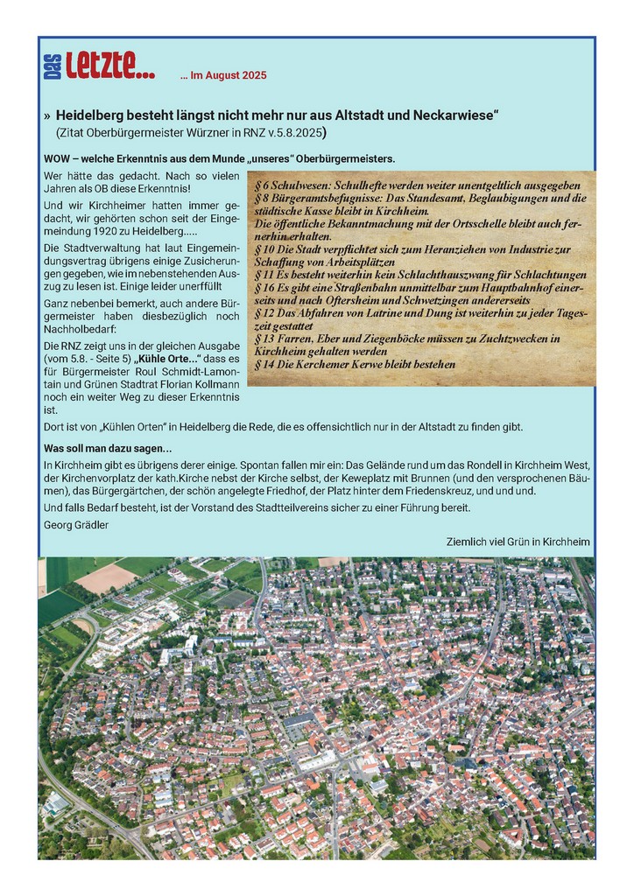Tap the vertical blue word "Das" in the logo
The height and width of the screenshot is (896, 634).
click(51, 67)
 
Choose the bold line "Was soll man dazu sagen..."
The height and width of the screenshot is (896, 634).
click(107, 448)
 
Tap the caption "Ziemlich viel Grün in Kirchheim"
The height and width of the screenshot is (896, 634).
click(518, 542)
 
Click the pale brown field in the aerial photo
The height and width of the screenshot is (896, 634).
click(105, 577)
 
